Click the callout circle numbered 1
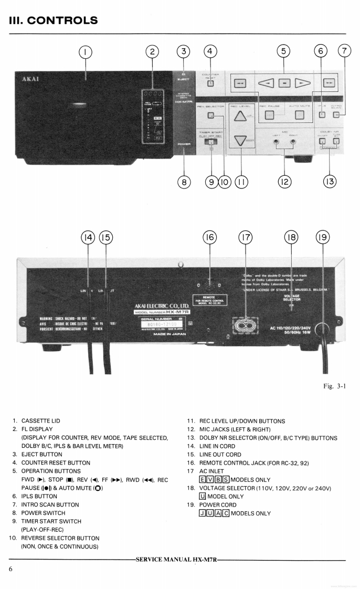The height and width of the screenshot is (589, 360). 85,51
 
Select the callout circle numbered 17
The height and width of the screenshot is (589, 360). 245,237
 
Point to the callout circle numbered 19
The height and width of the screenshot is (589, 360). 323,237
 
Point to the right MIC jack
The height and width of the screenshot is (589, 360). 292,142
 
